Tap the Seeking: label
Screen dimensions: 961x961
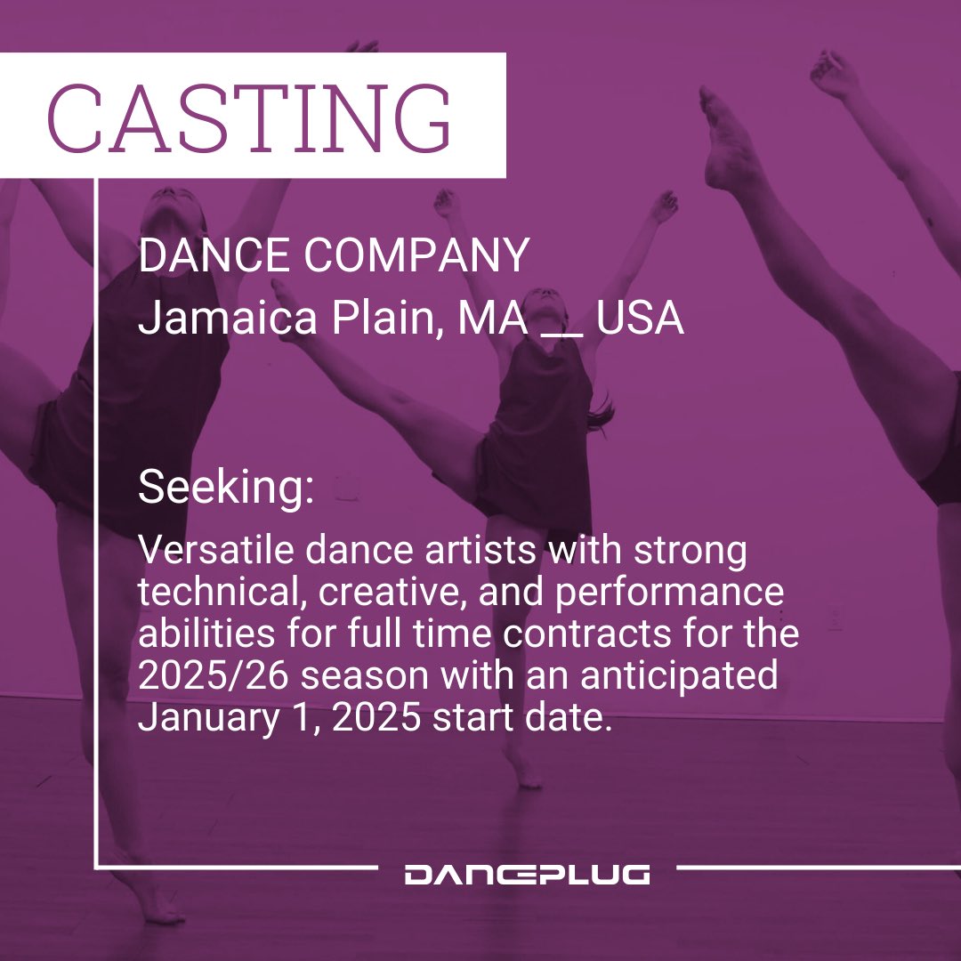226,488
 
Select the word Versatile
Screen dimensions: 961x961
216,552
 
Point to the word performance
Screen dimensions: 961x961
667,594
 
